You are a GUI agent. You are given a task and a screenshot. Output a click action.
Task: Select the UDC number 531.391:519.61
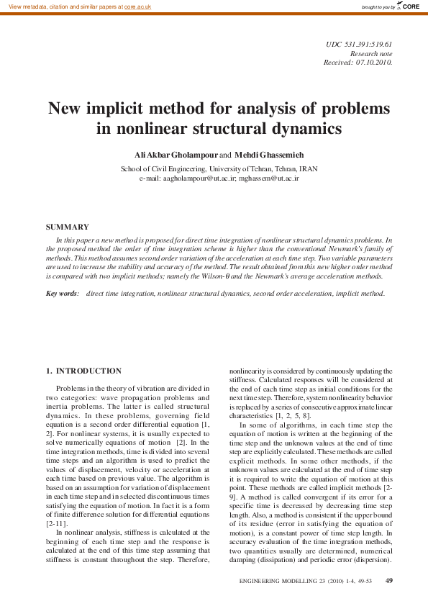tap(368, 45)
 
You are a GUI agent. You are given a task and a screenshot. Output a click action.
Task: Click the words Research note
tap(371, 54)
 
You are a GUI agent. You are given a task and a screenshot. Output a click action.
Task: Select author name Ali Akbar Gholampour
tap(176, 155)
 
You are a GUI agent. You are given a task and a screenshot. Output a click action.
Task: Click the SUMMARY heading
tap(68, 227)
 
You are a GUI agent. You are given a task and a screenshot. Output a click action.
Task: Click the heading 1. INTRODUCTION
tap(83, 371)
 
